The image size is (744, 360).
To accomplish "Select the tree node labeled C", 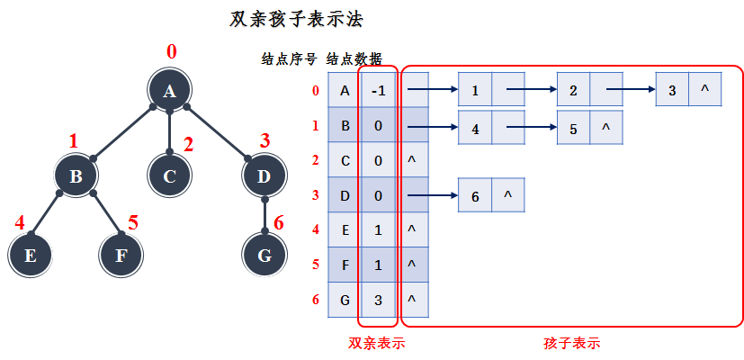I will (x=169, y=175).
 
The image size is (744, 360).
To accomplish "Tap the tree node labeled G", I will (x=264, y=255).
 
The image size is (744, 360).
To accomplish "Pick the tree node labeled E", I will (x=30, y=255).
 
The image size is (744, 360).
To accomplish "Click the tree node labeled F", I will (x=121, y=255).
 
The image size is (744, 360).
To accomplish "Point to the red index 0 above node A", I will (x=171, y=50).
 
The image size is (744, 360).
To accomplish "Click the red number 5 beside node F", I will (x=132, y=221).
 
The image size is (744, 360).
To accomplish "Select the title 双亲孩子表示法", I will (x=297, y=19).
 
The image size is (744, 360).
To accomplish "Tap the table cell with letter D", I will (x=344, y=195).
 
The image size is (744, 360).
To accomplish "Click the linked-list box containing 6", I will (x=474, y=195).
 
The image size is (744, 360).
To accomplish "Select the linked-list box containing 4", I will (x=474, y=127).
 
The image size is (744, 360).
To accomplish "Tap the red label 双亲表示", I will (x=376, y=343).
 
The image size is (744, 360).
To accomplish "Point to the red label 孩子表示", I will (x=571, y=343).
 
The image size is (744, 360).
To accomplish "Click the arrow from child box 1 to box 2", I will (x=531, y=90).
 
